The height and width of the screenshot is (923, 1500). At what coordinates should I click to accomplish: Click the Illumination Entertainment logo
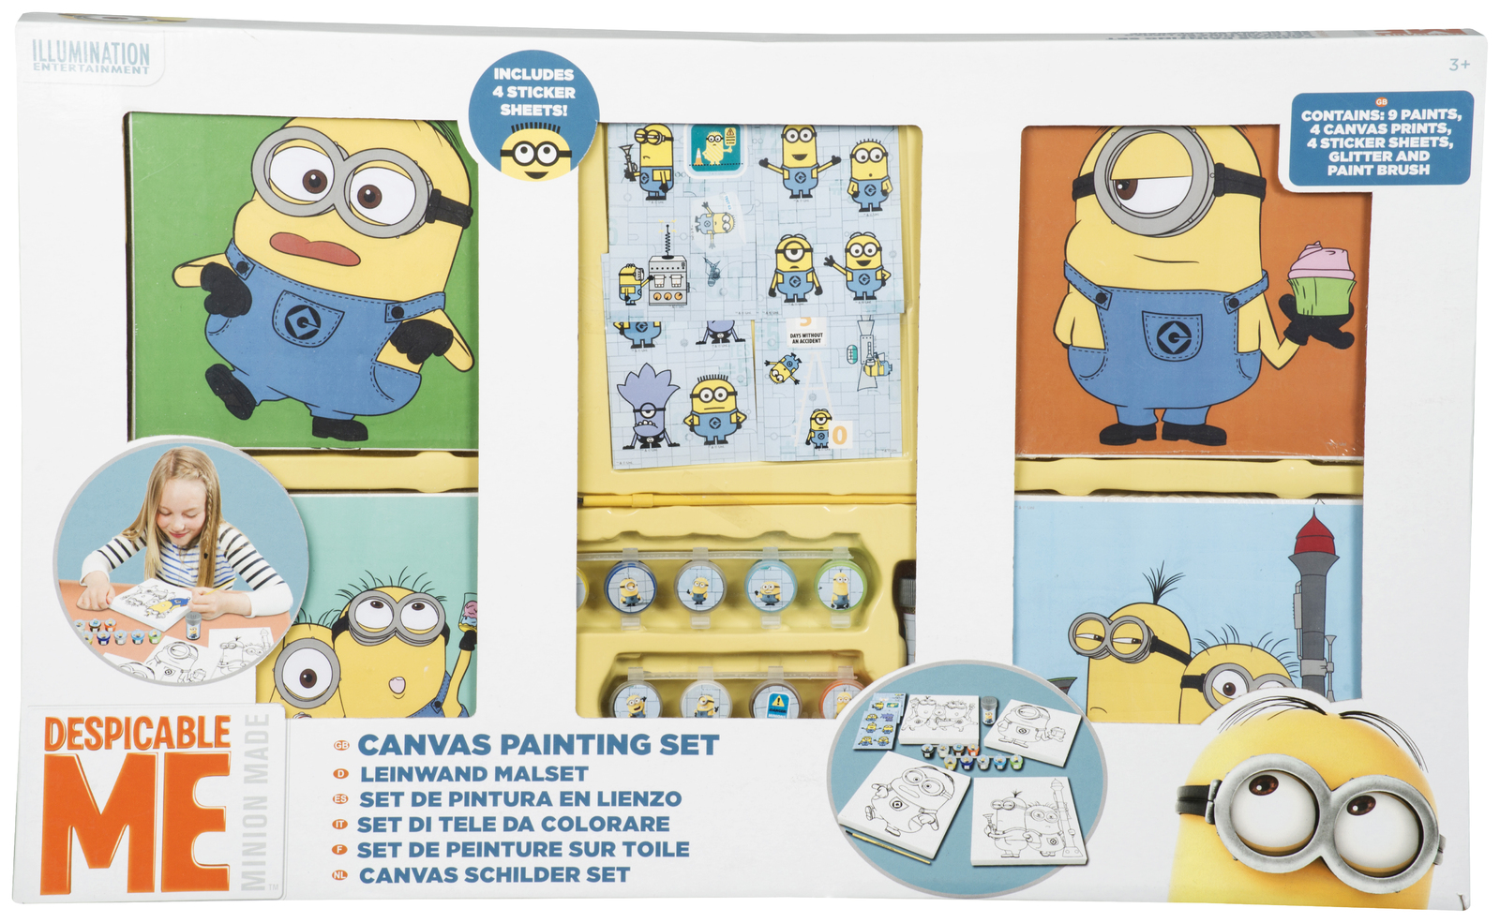pos(91,57)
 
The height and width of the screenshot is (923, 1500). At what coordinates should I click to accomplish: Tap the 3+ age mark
pos(1459,65)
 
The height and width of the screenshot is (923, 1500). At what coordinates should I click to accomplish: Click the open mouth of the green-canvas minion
pos(315,248)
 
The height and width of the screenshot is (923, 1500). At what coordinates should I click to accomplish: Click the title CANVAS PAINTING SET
pos(538,745)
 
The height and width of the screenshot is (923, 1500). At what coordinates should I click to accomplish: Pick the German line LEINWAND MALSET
pos(474,774)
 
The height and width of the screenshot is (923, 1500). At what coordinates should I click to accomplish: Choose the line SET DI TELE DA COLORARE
pos(514,825)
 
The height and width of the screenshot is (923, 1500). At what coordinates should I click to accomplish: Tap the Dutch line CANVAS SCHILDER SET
pos(495,875)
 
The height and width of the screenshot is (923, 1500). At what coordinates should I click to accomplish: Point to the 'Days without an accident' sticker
pos(805,337)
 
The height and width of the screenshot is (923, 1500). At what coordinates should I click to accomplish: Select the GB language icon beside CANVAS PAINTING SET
pos(341,746)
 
